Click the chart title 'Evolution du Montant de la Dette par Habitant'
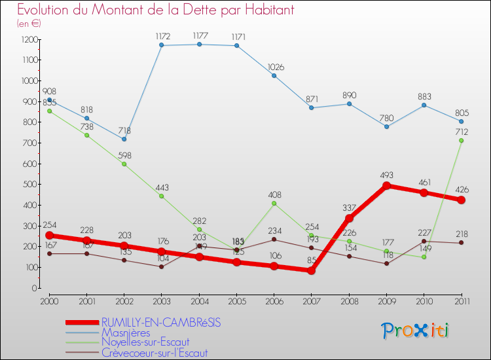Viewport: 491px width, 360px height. click(x=156, y=10)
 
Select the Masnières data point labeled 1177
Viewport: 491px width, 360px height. click(x=199, y=44)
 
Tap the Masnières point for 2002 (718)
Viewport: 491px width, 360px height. click(x=124, y=139)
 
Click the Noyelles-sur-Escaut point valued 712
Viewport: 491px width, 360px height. click(x=462, y=140)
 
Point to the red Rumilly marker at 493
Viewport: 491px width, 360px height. click(x=386, y=186)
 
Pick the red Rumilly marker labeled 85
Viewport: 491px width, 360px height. click(x=312, y=270)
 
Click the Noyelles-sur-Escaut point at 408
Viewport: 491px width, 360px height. click(x=274, y=204)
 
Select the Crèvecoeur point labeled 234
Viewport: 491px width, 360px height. click(x=274, y=240)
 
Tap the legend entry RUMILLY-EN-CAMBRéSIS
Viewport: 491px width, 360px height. click(x=160, y=322)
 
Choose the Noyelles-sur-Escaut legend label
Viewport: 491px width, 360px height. click(x=145, y=342)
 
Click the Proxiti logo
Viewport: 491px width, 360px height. click(x=415, y=331)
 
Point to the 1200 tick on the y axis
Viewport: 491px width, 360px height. click(x=28, y=39)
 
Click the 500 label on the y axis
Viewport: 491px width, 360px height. click(x=29, y=185)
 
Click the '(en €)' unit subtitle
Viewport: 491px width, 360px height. click(x=27, y=23)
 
